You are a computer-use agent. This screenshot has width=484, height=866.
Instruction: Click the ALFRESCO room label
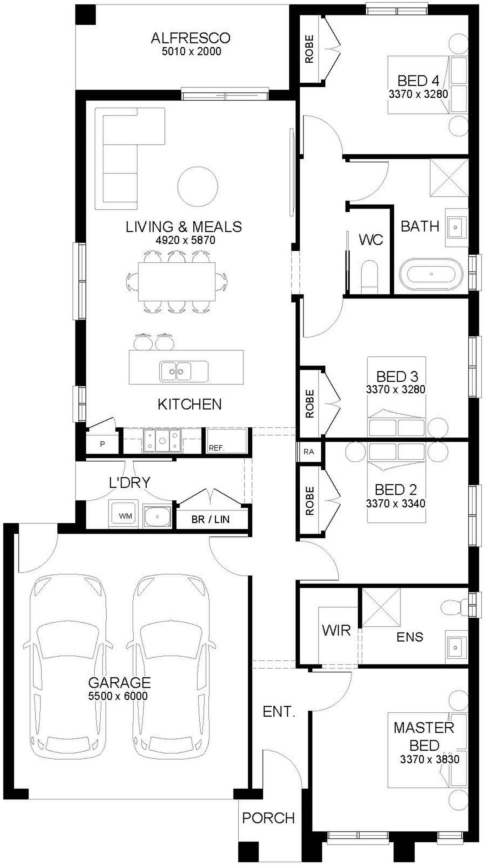190,38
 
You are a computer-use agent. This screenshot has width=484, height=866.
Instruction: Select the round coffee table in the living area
197,186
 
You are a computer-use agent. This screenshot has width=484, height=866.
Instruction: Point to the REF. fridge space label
217,448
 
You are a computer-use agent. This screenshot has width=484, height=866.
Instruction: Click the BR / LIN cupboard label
211,519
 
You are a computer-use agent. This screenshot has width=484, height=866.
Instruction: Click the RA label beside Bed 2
309,452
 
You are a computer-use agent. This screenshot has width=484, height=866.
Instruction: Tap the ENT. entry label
279,712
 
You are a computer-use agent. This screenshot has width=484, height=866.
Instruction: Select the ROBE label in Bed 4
309,49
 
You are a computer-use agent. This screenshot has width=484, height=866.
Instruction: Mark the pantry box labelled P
102,444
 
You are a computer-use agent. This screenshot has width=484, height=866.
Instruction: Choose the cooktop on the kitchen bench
162,440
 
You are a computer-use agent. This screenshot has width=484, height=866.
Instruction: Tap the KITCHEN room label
190,404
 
